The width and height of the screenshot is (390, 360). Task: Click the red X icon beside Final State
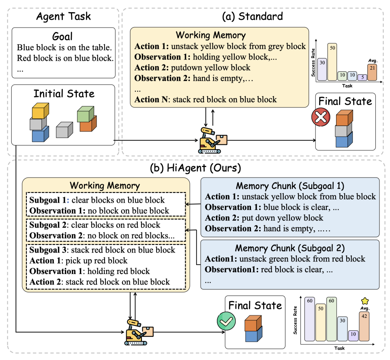click(x=321, y=118)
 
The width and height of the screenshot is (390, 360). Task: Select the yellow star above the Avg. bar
click(x=365, y=301)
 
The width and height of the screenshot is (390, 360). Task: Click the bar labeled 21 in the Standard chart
click(x=373, y=72)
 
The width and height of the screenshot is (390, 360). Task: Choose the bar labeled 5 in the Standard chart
click(x=362, y=77)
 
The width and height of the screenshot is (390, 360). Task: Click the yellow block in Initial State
click(x=40, y=110)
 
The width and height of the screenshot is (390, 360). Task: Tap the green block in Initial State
click(x=86, y=114)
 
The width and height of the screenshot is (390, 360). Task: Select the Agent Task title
click(x=64, y=17)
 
